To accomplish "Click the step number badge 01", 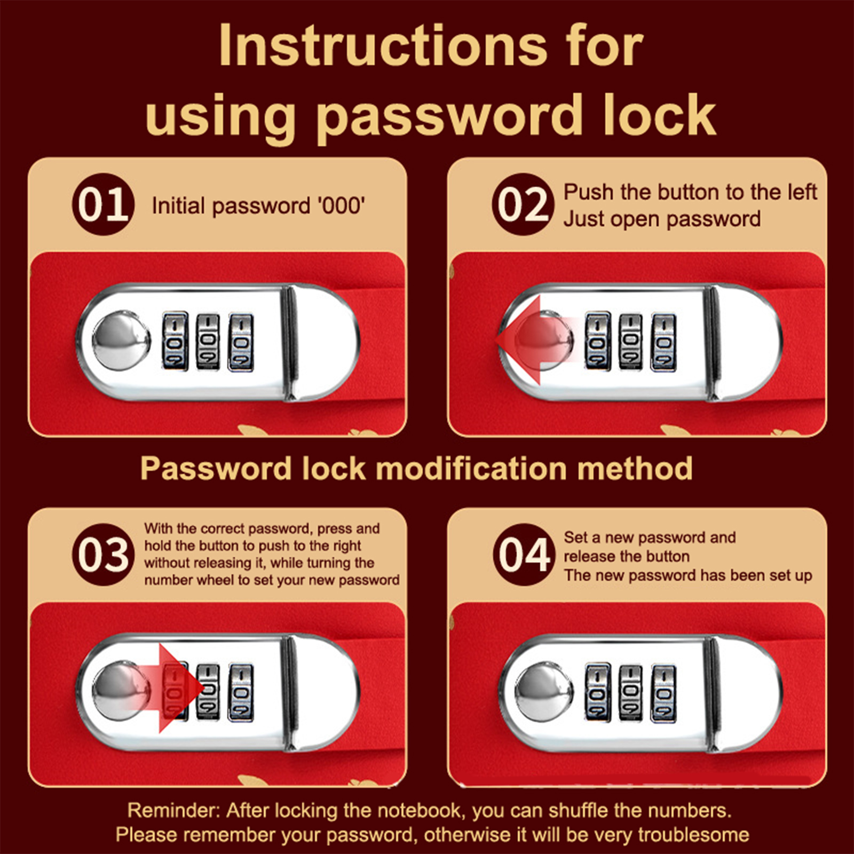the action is pyautogui.click(x=103, y=204).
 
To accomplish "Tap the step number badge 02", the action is pyautogui.click(x=523, y=204).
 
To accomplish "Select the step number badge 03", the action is pyautogui.click(x=103, y=555).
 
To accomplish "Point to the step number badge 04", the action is pyautogui.click(x=523, y=555).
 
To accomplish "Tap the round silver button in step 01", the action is pyautogui.click(x=121, y=341).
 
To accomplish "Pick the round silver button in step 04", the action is pyautogui.click(x=543, y=692).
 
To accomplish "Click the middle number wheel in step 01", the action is pyautogui.click(x=208, y=341).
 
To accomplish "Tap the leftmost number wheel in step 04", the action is pyautogui.click(x=598, y=692).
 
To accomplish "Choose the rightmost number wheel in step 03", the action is pyautogui.click(x=241, y=692).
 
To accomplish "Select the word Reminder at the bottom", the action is pyautogui.click(x=173, y=811).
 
